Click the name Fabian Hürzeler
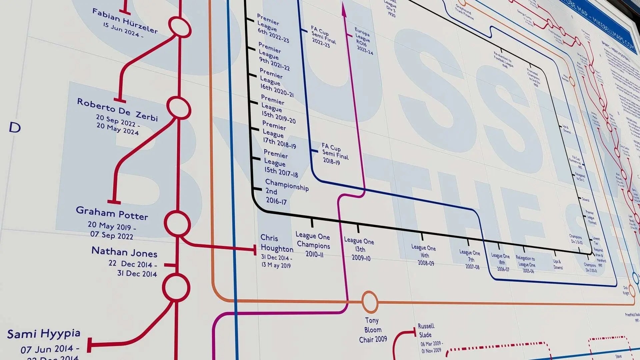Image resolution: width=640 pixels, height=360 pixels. [125, 21]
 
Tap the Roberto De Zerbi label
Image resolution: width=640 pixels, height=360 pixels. [117, 110]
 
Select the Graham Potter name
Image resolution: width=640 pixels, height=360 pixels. [112, 213]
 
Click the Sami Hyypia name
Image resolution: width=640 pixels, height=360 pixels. [44, 334]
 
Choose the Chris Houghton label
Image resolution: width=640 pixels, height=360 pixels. [277, 243]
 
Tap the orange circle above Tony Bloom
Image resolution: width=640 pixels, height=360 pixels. [370, 302]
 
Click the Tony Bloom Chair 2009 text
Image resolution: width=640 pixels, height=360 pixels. [373, 330]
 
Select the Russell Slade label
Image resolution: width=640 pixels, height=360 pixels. [426, 330]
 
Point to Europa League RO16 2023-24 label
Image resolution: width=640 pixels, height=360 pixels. [364, 41]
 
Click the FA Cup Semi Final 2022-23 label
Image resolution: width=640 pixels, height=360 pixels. [323, 37]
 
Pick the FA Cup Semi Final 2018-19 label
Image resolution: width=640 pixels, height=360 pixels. [335, 154]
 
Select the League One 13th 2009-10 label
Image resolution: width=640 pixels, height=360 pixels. [359, 249]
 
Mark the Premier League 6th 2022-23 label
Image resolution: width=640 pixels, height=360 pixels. [272, 28]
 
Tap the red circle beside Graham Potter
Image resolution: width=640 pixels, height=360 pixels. [177, 224]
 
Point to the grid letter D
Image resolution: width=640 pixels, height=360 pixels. [15, 127]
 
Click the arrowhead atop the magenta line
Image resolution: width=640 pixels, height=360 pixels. [344, 9]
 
